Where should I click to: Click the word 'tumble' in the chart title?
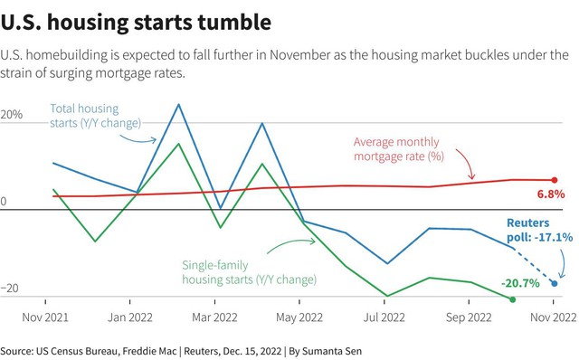tap(234, 22)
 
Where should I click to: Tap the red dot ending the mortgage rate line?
tap(555, 180)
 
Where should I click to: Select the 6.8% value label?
tap(551, 194)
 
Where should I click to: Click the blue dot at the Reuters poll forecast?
tap(555, 284)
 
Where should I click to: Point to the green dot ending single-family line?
tap(513, 299)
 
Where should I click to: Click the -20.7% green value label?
tap(520, 283)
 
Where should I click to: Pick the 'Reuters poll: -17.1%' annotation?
tap(539, 230)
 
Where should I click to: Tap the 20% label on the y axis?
tap(12, 115)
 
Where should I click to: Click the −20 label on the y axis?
tap(10, 288)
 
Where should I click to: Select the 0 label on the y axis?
tap(4, 202)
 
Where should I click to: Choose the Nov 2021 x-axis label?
tap(45, 317)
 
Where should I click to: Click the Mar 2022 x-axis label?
tap(214, 317)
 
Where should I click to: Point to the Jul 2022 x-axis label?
tap(384, 317)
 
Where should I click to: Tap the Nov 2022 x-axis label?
tap(554, 317)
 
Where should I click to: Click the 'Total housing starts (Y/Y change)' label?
tap(95, 116)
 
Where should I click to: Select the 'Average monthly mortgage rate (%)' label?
tap(399, 149)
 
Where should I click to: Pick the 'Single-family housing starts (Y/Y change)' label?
tap(250, 272)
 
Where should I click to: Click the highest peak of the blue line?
tap(179, 104)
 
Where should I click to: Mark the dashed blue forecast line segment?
tap(534, 265)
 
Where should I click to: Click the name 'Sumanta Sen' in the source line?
tap(332, 351)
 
